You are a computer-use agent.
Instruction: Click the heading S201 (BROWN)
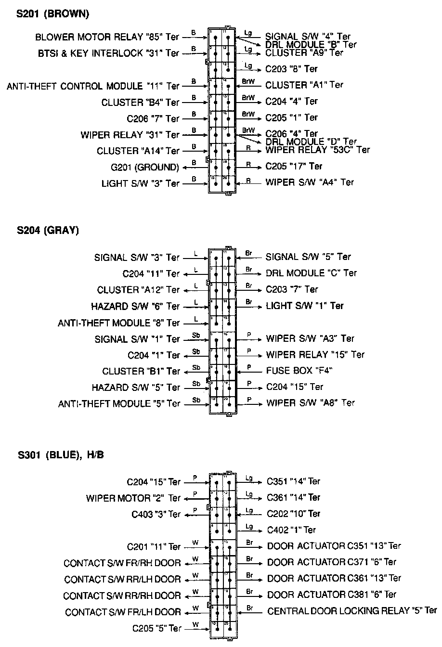pyautogui.click(x=53, y=14)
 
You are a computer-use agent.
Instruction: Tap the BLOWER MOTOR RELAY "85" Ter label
pyautogui.click(x=107, y=37)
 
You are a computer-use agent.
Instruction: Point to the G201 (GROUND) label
pyautogui.click(x=145, y=168)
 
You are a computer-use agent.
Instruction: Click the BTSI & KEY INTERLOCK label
pyautogui.click(x=108, y=53)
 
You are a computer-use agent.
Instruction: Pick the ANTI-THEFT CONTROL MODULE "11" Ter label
pyautogui.click(x=93, y=86)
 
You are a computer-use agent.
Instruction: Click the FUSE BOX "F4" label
pyautogui.click(x=299, y=371)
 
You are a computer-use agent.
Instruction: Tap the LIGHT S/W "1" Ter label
pyautogui.click(x=305, y=306)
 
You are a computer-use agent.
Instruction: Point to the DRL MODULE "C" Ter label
pyautogui.click(x=311, y=273)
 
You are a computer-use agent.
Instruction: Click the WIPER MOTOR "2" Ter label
pyautogui.click(x=133, y=498)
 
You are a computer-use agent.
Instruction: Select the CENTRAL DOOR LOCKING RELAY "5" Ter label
pyautogui.click(x=352, y=611)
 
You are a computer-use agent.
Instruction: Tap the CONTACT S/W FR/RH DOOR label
pyautogui.click(x=122, y=563)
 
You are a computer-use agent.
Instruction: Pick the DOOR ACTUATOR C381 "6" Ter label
pyautogui.click(x=332, y=595)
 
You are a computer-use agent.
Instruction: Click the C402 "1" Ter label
pyautogui.click(x=291, y=530)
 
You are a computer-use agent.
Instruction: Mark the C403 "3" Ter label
pyautogui.click(x=156, y=514)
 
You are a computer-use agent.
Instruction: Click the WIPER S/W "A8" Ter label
pyautogui.click(x=311, y=403)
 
